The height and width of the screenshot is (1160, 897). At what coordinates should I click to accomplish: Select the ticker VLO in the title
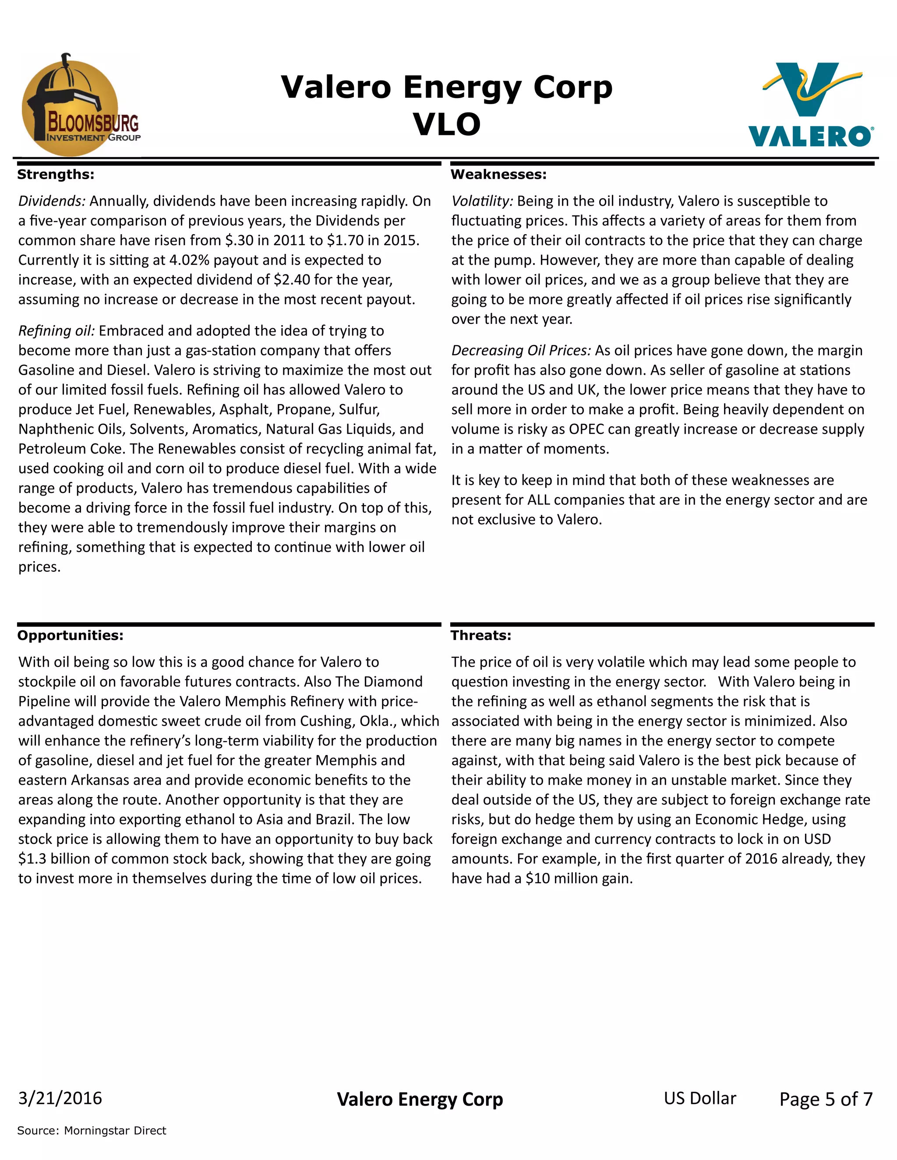[x=447, y=124]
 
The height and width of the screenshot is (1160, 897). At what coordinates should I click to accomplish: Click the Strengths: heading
[x=56, y=174]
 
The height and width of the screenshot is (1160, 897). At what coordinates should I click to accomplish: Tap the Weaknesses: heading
[x=498, y=174]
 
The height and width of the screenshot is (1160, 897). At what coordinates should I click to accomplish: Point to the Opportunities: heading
[x=70, y=635]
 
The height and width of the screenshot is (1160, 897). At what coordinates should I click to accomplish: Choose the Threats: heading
[x=481, y=635]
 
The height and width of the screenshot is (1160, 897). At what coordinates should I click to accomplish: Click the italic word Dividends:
[x=52, y=201]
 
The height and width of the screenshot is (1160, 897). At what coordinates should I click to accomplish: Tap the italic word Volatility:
[x=482, y=201]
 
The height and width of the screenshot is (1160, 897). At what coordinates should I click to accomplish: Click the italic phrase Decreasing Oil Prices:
[x=521, y=350]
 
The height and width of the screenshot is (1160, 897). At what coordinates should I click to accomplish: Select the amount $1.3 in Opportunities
[x=32, y=858]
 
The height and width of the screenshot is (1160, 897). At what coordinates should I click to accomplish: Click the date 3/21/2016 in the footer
[x=60, y=1098]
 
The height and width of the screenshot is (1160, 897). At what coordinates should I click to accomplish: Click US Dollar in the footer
[x=700, y=1098]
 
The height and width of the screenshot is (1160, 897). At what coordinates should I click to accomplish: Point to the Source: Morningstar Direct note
[x=92, y=1130]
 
